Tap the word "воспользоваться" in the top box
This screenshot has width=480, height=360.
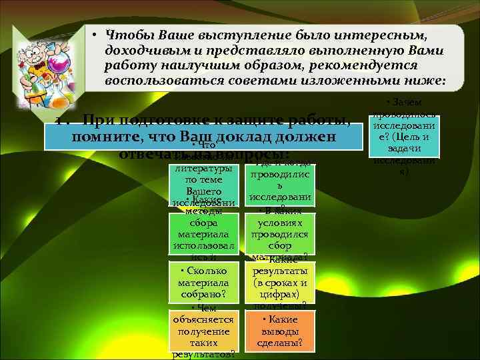[157, 81]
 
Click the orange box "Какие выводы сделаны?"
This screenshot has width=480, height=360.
[280, 331]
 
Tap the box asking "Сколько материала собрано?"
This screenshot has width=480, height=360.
[203, 283]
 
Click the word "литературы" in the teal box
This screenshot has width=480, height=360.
[203, 169]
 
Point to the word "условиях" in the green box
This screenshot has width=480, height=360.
[280, 224]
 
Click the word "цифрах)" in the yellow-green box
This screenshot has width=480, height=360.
[280, 293]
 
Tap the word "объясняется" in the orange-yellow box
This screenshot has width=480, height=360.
[203, 320]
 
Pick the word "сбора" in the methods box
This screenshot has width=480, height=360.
[203, 224]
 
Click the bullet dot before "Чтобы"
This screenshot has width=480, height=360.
[96, 34]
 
